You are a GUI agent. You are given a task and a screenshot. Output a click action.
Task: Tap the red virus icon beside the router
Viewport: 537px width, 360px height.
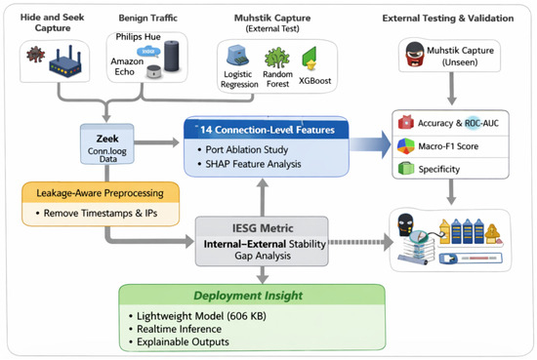[35, 55]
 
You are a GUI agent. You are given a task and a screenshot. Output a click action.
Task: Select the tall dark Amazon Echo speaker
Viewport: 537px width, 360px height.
[171, 56]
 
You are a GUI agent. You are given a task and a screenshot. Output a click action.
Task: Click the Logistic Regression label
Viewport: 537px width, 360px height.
[239, 79]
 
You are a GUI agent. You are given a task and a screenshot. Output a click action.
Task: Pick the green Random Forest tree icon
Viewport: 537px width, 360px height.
[277, 58]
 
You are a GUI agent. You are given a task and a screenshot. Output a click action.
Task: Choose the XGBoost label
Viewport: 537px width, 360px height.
[314, 81]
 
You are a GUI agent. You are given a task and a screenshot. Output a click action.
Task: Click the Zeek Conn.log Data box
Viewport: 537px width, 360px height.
[107, 143]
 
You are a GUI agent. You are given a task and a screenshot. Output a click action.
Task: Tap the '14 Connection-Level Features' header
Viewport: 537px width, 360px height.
[267, 130]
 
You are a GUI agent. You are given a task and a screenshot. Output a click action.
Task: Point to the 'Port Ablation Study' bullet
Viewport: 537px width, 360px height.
[243, 149]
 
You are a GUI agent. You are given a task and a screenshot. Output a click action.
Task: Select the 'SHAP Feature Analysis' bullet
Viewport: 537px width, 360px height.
[250, 164]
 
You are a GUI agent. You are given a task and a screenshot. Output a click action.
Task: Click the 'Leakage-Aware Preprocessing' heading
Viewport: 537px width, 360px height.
[100, 193]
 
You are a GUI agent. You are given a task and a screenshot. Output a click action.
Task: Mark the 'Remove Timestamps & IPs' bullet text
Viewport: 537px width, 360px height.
[97, 214]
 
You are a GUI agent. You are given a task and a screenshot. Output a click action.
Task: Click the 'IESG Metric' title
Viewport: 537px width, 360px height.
[263, 228]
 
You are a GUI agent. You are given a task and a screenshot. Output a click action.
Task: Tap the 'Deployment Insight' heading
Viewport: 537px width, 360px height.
[248, 296]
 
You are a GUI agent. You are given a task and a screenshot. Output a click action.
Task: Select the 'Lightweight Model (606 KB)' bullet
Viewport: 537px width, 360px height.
[197, 316]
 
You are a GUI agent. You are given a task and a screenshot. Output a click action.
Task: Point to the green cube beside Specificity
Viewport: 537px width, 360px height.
[406, 169]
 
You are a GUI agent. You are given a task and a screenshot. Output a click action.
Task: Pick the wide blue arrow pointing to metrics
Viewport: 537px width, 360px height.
[370, 144]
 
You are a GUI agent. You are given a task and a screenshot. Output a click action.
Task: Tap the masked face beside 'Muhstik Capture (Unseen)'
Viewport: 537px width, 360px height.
[414, 54]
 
